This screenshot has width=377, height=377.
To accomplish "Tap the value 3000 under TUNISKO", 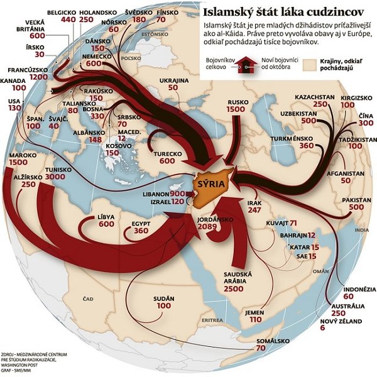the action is [x=55, y=177].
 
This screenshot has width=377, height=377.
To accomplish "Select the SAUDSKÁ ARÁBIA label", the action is [x=238, y=278].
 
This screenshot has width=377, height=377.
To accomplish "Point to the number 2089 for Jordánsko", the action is [x=207, y=226].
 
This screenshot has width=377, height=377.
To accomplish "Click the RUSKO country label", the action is [x=238, y=102].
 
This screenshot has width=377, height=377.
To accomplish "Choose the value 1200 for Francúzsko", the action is [x=39, y=77].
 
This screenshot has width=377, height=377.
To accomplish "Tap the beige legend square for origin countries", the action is [x=309, y=65].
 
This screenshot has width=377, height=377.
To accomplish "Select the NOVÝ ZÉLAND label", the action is [x=341, y=321].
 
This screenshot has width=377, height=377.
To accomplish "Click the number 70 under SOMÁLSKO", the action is [x=261, y=348].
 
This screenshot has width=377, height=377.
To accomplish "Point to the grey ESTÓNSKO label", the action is [x=155, y=34].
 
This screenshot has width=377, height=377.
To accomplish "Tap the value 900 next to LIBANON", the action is [x=177, y=194].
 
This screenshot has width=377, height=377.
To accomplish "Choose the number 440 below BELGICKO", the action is [x=68, y=19].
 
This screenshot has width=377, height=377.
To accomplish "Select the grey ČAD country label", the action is [x=88, y=299].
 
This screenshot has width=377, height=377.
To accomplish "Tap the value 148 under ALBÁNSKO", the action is [x=96, y=139].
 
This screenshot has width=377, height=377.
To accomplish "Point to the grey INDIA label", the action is [x=362, y=230].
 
